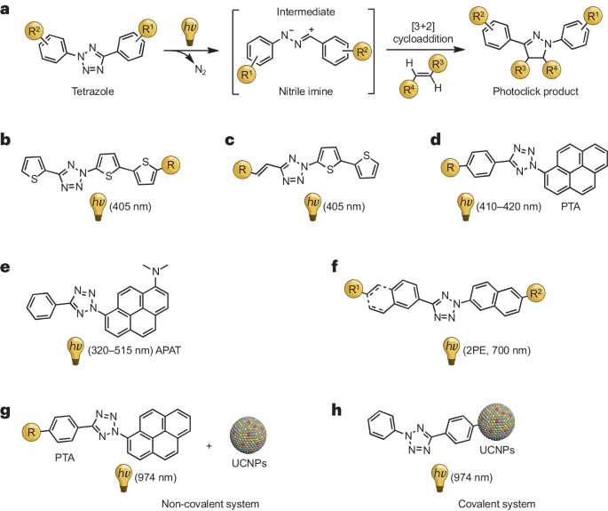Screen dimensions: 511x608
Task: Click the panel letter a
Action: (5, 7)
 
